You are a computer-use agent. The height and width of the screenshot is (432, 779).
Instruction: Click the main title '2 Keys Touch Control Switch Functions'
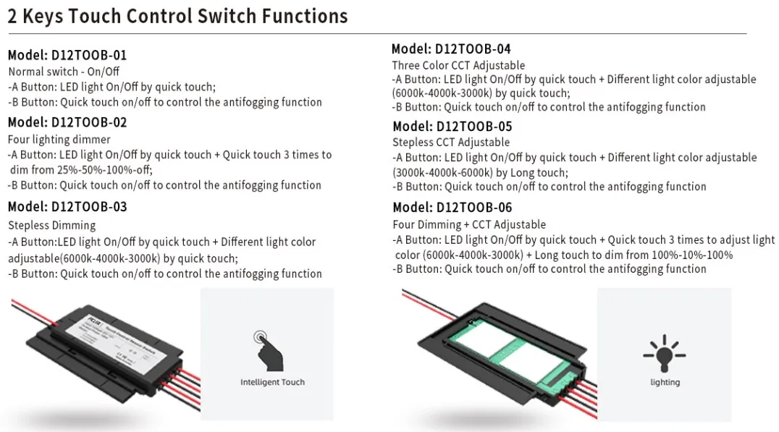pos(177,16)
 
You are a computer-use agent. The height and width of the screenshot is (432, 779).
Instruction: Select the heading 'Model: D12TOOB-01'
pos(67,55)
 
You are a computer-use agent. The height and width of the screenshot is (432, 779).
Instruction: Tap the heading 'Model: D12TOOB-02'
pos(67,122)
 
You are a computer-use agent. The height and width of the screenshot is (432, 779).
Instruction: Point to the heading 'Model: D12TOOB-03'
pos(67,207)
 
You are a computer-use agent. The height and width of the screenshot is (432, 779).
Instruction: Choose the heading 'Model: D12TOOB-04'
pos(451,49)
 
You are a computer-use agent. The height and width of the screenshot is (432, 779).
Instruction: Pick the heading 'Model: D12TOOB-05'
pos(452,127)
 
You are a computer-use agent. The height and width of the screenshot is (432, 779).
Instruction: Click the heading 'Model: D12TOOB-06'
pos(452,208)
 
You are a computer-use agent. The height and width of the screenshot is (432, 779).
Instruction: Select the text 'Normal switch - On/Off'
pos(64,72)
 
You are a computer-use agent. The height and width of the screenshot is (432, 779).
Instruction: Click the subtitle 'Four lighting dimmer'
pos(59,140)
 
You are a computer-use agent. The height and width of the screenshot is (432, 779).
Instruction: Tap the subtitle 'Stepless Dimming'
pos(52,225)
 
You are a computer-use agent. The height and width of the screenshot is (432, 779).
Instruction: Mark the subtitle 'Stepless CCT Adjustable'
pos(451,143)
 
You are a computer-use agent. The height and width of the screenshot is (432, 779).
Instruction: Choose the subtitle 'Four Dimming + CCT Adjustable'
pos(469,224)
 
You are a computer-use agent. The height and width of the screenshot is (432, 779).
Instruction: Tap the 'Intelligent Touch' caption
pos(272,382)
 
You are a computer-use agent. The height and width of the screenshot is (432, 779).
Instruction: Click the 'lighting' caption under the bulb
pos(665,382)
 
